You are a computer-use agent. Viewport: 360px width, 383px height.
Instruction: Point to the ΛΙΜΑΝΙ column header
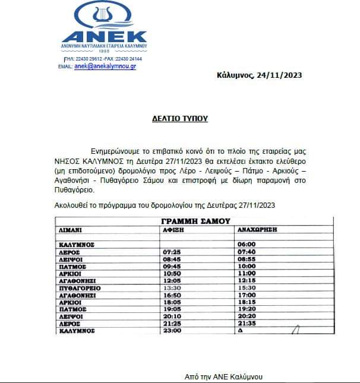(x=70, y=228)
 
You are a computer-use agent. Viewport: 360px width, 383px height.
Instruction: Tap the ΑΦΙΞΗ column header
(x=172, y=228)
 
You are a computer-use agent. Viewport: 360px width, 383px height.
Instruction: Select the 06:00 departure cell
(x=246, y=244)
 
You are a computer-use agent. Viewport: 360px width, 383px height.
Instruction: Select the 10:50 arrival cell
(x=170, y=273)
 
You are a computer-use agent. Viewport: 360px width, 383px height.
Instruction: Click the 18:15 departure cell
(x=246, y=302)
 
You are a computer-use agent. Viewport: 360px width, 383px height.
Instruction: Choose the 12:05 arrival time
(x=170, y=280)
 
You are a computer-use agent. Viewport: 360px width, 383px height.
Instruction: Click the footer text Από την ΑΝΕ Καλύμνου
(x=223, y=376)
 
